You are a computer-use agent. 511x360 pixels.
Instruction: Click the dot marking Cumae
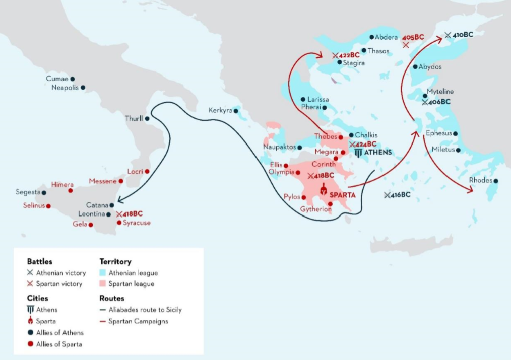click(x=73, y=79)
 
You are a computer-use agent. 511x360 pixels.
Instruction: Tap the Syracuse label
click(x=137, y=223)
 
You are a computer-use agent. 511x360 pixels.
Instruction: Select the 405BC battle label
click(x=413, y=37)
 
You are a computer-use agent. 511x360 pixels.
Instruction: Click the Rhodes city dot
click(x=496, y=181)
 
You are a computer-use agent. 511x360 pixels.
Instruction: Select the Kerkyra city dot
click(x=236, y=110)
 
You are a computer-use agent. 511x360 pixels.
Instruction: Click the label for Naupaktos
click(x=279, y=147)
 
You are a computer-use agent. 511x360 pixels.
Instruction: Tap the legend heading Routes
click(x=111, y=298)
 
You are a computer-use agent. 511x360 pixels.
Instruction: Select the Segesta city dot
click(x=44, y=192)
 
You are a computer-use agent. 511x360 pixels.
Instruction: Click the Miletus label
click(x=443, y=150)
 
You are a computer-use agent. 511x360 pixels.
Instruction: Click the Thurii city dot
click(x=147, y=119)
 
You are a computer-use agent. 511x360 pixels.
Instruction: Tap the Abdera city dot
click(x=371, y=37)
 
